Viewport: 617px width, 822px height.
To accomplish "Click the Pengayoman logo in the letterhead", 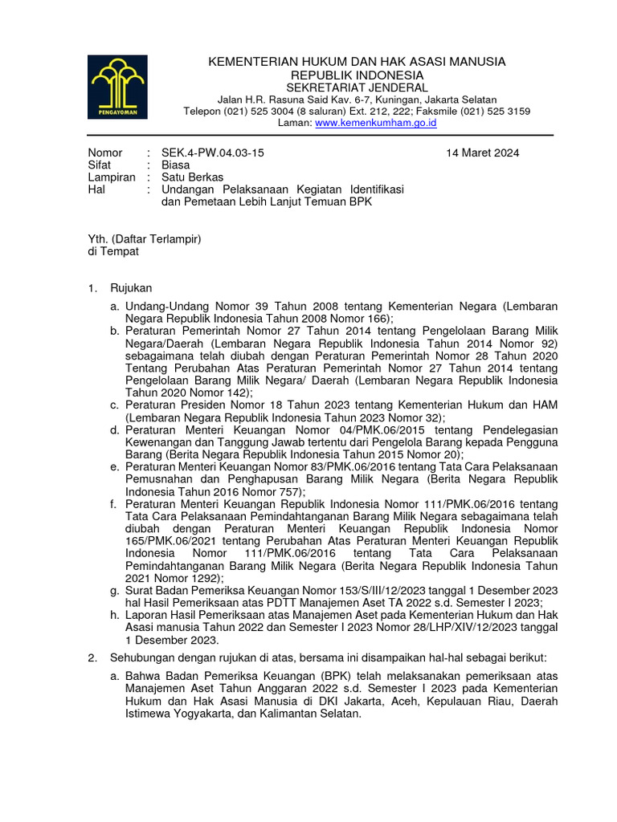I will click(x=118, y=87).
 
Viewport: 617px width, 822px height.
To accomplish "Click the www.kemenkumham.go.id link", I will click(x=375, y=123).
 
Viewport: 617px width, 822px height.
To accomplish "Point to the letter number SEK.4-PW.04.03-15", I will click(x=212, y=153).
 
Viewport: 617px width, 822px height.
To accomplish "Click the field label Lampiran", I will click(x=111, y=177).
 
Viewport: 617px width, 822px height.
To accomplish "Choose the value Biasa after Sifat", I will click(x=176, y=165).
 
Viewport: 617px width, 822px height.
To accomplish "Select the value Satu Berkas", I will click(x=193, y=177).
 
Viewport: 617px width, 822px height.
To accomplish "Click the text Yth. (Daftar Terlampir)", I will click(x=144, y=239).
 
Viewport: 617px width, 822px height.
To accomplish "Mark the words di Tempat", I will click(x=112, y=251).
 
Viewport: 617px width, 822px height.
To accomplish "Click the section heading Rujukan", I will click(x=130, y=287).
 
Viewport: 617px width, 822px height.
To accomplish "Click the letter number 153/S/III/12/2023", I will click(x=379, y=591).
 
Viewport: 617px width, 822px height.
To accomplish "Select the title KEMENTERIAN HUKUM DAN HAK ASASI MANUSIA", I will click(x=357, y=62).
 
